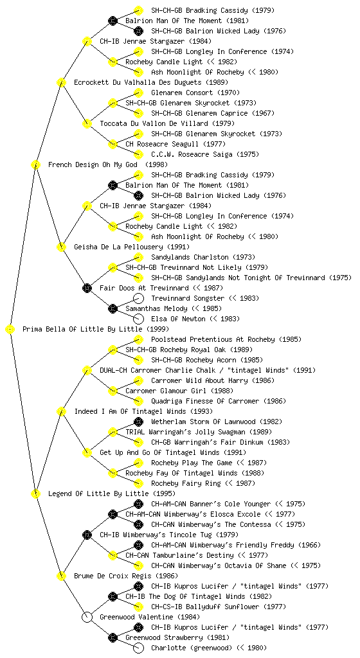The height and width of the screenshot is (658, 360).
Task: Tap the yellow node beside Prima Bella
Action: (x=10, y=330)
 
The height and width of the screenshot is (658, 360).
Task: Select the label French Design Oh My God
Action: (x=93, y=164)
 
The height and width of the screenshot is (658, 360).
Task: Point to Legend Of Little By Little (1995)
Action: (x=112, y=493)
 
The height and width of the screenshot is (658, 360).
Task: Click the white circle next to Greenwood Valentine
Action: (x=87, y=618)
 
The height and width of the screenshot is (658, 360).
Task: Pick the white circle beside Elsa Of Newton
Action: (x=138, y=319)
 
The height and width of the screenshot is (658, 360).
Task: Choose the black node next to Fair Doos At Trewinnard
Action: (x=87, y=289)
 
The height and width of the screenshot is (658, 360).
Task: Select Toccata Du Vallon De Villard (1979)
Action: (x=167, y=123)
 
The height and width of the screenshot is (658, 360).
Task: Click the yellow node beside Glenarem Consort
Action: (x=138, y=93)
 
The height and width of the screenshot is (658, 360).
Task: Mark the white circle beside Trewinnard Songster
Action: (x=138, y=298)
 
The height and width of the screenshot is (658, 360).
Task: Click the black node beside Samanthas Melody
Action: (x=113, y=309)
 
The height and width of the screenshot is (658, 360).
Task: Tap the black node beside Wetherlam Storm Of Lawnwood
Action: (x=138, y=422)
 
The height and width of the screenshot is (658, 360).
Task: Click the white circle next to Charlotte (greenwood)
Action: (x=138, y=648)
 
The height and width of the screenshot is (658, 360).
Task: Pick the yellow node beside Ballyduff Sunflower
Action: (x=138, y=607)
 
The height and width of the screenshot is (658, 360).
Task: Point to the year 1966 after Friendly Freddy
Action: (x=310, y=545)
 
